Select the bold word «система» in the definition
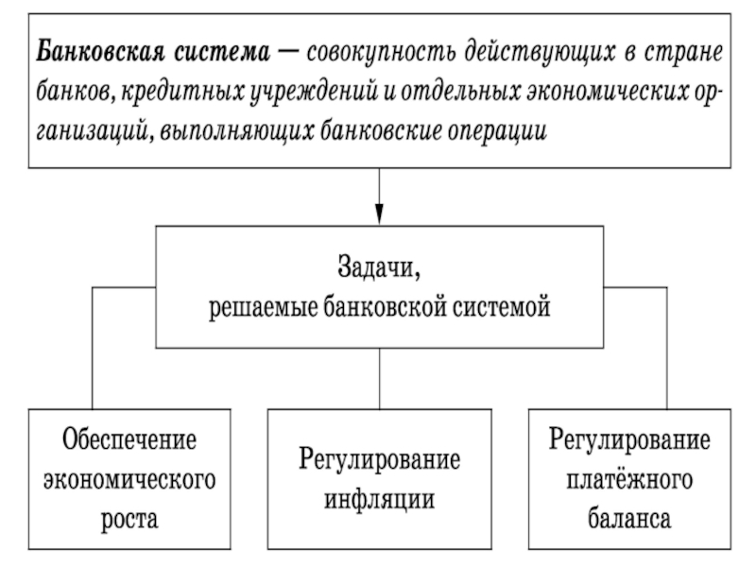222,52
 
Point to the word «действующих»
541,52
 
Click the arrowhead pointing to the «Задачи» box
380,215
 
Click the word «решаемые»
263,307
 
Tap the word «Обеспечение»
129,439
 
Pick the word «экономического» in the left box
129,480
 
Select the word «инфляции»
379,499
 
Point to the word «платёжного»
629,479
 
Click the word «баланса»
629,519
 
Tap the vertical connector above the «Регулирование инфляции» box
380,379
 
